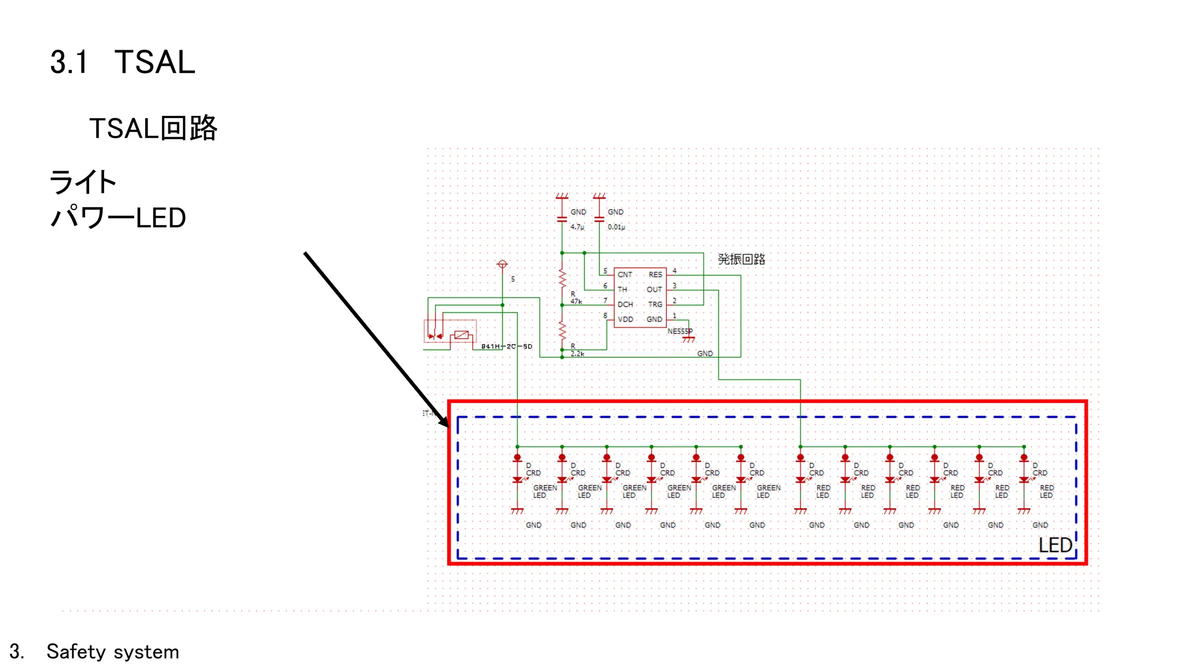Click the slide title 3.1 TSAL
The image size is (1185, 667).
pos(123,62)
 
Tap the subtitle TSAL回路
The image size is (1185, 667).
pos(153,128)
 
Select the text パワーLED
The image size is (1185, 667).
pos(118,218)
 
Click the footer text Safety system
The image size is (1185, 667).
pos(113,652)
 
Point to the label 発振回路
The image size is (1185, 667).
pos(741,259)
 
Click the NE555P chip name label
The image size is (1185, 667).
pos(679,331)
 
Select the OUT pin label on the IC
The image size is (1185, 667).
pos(654,289)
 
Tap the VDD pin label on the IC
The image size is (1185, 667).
pos(625,319)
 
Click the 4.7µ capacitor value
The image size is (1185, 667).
pos(577,227)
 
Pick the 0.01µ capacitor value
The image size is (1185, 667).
pos(616,227)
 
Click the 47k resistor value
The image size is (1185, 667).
pos(576,302)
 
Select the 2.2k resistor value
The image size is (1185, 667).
pos(577,353)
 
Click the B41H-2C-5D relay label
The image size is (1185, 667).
pos(506,346)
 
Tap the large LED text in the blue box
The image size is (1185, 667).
pos(1055,545)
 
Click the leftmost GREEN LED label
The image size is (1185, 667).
pos(544,492)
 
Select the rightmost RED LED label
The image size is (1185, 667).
pos(1046,492)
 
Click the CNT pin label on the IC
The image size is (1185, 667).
pos(625,274)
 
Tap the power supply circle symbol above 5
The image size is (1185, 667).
pos(502,264)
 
